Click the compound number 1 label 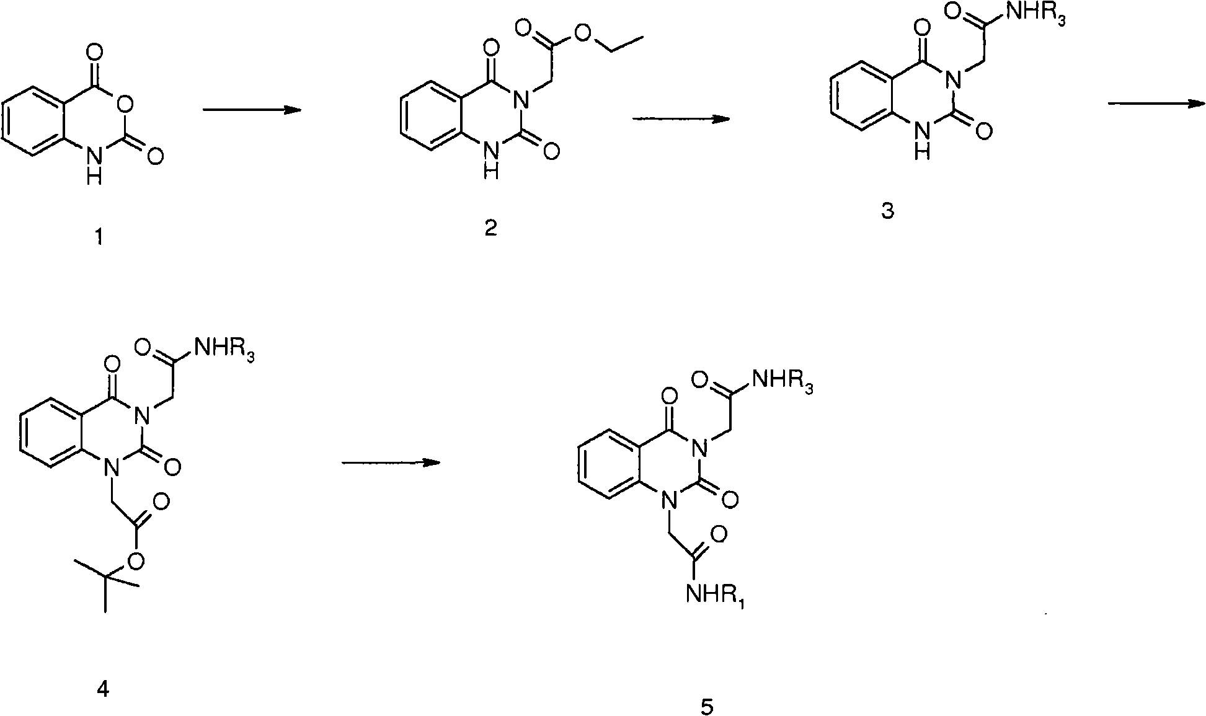pyautogui.click(x=100, y=237)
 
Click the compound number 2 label pyautogui.click(x=490, y=228)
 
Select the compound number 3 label pyautogui.click(x=887, y=211)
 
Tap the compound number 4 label pyautogui.click(x=104, y=689)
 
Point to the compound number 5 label pyautogui.click(x=707, y=706)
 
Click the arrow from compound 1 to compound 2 pyautogui.click(x=252, y=110)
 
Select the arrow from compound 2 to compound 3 pyautogui.click(x=681, y=118)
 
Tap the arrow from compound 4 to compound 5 pyautogui.click(x=391, y=462)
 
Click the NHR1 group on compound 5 pyautogui.click(x=715, y=596)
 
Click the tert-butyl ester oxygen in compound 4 pyautogui.click(x=137, y=562)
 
